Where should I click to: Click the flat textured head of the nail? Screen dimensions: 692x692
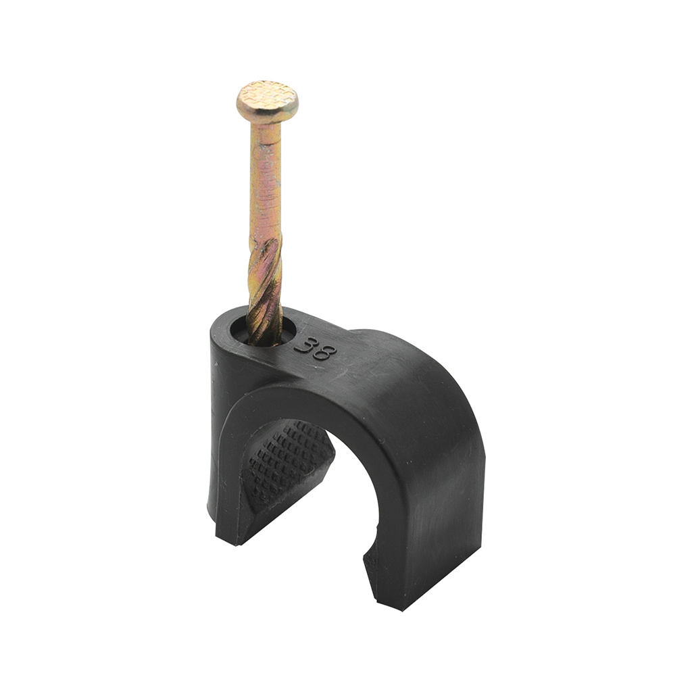pos(267,101)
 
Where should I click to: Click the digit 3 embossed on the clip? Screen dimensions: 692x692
pos(305,345)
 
